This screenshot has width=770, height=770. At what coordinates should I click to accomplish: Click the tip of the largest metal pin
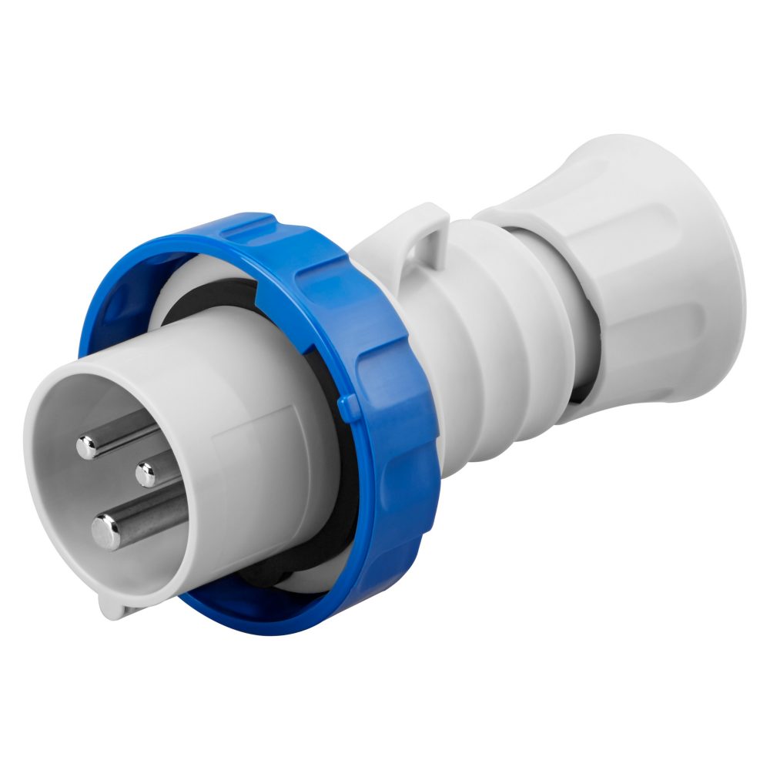[x=106, y=531]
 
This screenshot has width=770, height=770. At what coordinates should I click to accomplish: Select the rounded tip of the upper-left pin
[x=86, y=447]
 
